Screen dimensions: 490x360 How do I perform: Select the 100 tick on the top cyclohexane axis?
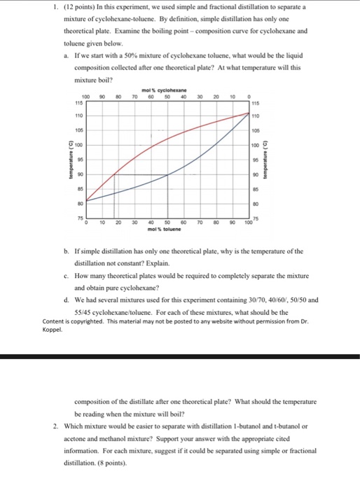click(86, 97)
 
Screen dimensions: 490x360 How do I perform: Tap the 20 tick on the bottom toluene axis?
click(118, 223)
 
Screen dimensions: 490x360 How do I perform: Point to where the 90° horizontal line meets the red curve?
click(116, 174)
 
